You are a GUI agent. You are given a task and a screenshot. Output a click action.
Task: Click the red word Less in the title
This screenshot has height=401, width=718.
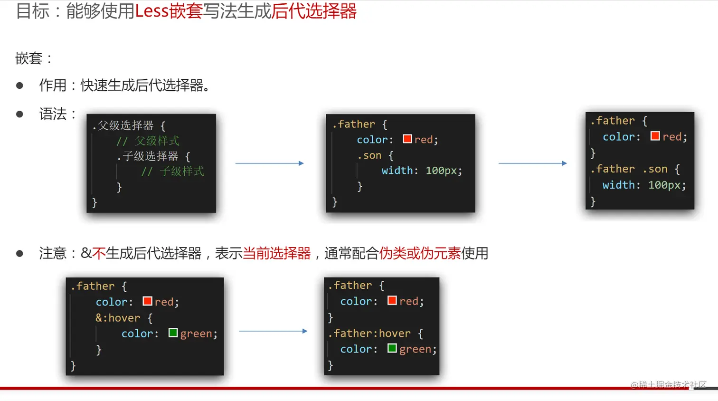pos(151,11)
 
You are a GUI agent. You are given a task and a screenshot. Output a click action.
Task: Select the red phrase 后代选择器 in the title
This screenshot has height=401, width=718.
pos(314,11)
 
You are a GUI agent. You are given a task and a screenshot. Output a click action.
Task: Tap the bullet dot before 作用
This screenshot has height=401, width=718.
pos(19,86)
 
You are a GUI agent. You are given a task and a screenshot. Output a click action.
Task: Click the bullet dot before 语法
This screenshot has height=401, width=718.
pos(19,114)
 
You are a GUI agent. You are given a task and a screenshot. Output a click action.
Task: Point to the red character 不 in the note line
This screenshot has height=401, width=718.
pos(99,253)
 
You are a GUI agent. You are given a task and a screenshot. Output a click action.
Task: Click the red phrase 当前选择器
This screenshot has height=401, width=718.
pos(277,253)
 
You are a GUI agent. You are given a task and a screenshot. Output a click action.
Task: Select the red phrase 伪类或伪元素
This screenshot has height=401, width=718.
pos(420,253)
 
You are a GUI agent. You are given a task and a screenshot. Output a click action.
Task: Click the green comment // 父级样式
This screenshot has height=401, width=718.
pos(148,141)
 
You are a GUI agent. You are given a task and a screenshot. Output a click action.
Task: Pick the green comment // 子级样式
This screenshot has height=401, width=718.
pos(172,172)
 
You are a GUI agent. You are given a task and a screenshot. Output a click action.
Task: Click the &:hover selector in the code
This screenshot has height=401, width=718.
pos(118,318)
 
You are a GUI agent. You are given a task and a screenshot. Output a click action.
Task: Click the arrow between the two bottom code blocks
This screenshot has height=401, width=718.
pos(273,331)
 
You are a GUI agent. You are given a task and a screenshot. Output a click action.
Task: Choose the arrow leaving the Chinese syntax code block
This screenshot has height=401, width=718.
pos(270,163)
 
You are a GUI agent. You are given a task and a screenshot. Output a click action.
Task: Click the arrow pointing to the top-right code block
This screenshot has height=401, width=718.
pos(533,163)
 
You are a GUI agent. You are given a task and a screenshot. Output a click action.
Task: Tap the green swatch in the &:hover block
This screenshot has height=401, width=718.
pos(173,333)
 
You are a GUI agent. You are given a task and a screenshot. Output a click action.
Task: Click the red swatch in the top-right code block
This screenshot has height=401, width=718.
pos(655,136)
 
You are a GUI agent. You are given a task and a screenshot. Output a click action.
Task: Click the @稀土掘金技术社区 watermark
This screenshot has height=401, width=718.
pos(668,385)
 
